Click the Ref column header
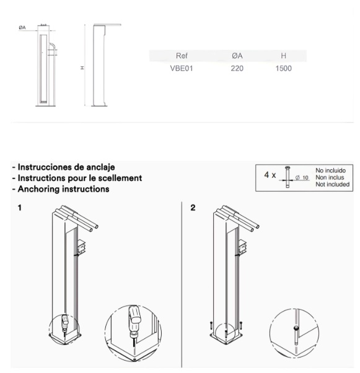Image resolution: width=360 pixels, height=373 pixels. pyautogui.click(x=182, y=56)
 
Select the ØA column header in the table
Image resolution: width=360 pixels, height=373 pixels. pyautogui.click(x=237, y=56)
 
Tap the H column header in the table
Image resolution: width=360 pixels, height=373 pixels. pyautogui.click(x=283, y=56)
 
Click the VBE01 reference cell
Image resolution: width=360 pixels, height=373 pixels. pyautogui.click(x=182, y=68)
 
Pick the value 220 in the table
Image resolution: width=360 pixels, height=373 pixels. pyautogui.click(x=237, y=68)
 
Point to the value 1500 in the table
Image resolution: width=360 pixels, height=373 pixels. pyautogui.click(x=283, y=68)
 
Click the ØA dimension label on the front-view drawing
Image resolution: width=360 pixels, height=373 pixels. pyautogui.click(x=22, y=28)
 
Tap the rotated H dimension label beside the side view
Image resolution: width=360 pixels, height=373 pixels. pyautogui.click(x=82, y=68)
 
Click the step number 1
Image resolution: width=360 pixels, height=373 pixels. pyautogui.click(x=19, y=208)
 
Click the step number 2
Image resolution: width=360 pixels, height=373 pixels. pyautogui.click(x=193, y=208)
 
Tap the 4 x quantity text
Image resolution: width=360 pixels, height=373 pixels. pyautogui.click(x=270, y=175)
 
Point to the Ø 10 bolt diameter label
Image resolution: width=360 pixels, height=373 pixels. pyautogui.click(x=302, y=178)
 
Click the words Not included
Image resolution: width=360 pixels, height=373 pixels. pyautogui.click(x=332, y=185)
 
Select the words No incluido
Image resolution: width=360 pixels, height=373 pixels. pyautogui.click(x=330, y=170)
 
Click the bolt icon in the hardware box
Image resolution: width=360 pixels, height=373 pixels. pyautogui.click(x=288, y=177)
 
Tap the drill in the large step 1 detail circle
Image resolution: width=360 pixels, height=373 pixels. pyautogui.click(x=134, y=321)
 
